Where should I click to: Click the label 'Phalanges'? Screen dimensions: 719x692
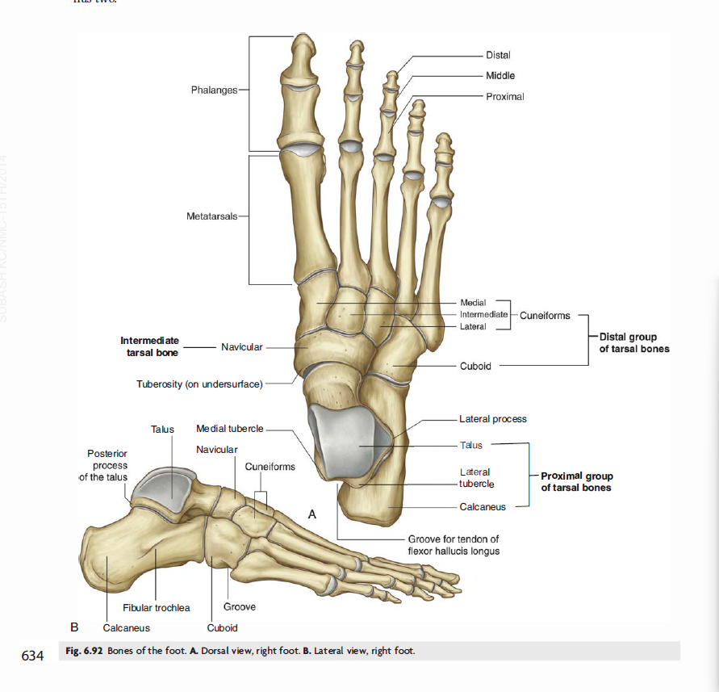pos(214,90)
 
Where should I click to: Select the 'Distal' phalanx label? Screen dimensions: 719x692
pos(498,55)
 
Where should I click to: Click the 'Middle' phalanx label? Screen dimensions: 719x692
pos(500,75)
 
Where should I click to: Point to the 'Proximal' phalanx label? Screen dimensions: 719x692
pos(505,96)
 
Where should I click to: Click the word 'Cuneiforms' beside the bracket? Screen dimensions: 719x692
pos(545,315)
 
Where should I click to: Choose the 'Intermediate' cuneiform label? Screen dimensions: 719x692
pos(483,314)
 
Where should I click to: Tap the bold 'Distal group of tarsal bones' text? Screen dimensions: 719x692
pos(633,342)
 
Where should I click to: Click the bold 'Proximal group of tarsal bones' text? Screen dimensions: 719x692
pos(576,482)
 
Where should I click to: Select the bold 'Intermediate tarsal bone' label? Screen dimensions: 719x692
pos(149,346)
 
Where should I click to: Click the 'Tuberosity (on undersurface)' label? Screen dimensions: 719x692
pos(199,384)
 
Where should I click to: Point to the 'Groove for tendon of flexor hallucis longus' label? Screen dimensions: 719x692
pos(454,545)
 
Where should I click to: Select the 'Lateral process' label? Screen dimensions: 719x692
pos(492,419)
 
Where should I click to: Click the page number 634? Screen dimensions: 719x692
pos(32,655)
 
